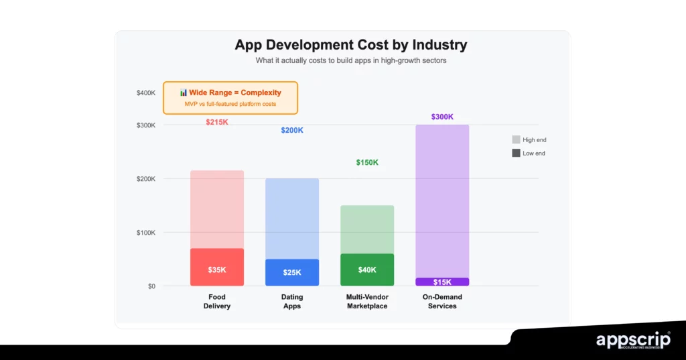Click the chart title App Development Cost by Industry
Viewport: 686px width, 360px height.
(x=350, y=45)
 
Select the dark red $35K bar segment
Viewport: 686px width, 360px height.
(x=216, y=267)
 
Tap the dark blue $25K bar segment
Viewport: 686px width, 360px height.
(x=292, y=272)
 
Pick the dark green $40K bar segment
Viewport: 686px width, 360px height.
(x=367, y=269)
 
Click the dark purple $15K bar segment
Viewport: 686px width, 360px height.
(x=442, y=282)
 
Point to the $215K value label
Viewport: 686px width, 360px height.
(x=216, y=122)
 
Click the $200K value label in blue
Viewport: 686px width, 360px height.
(x=292, y=130)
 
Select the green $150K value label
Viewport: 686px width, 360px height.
(x=367, y=162)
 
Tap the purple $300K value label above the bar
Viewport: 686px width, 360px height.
(x=442, y=117)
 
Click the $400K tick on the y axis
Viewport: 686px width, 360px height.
(x=146, y=93)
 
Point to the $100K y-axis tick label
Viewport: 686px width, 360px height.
(x=146, y=233)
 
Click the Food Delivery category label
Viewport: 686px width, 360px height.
(x=216, y=302)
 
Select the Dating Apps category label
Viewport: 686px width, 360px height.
(x=292, y=302)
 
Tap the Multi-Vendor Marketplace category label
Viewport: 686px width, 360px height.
(x=367, y=302)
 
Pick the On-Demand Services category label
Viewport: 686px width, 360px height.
(x=442, y=302)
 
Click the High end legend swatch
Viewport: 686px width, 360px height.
(x=516, y=139)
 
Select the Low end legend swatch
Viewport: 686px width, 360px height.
(x=516, y=153)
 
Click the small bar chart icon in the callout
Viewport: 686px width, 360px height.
(x=183, y=93)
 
